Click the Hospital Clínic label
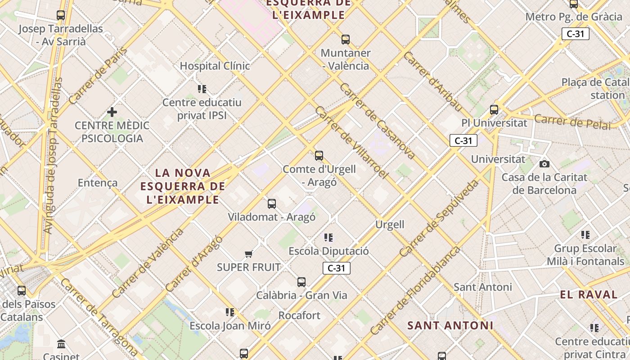(215, 66)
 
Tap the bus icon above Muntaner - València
(346, 40)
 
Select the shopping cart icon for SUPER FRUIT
(248, 254)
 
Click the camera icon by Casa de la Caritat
(544, 164)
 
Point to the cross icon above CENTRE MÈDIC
(112, 112)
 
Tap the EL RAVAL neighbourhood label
(589, 295)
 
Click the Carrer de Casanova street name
(377, 121)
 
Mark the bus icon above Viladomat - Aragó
(272, 204)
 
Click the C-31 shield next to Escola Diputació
(336, 268)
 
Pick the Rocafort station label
(299, 315)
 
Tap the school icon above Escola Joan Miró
(230, 312)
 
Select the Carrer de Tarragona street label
(98, 317)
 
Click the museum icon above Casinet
(61, 344)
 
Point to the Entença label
(98, 183)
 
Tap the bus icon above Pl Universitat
(494, 109)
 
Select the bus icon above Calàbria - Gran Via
(301, 282)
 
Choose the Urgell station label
(390, 224)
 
